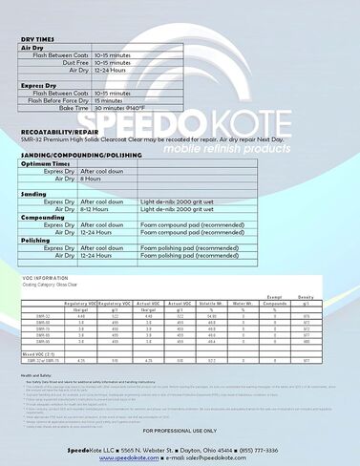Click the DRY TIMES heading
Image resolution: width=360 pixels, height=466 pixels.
[x=40, y=40]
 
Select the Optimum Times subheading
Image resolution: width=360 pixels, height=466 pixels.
[x=45, y=163]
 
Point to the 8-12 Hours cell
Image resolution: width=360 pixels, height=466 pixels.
[x=96, y=208]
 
